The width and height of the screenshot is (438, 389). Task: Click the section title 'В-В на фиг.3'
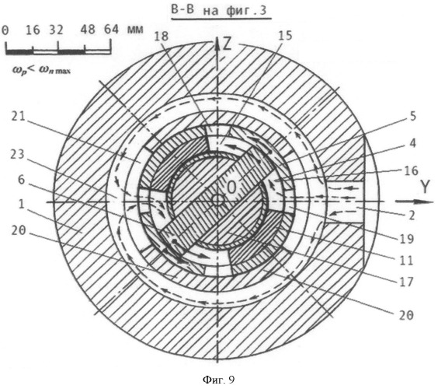click(219, 10)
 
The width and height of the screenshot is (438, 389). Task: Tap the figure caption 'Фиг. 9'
click(219, 379)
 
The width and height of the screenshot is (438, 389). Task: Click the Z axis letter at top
click(227, 44)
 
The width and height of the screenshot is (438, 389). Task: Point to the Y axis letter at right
click(425, 187)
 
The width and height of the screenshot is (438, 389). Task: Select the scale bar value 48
click(88, 30)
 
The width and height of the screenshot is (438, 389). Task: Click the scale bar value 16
click(33, 30)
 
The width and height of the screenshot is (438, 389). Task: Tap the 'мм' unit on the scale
click(135, 30)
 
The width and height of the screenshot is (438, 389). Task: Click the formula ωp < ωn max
click(41, 69)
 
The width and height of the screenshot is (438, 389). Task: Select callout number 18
click(162, 37)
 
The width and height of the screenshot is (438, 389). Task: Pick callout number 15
click(285, 36)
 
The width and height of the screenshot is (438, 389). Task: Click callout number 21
click(19, 117)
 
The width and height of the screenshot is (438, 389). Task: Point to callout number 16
click(411, 170)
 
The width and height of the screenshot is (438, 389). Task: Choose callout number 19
click(406, 239)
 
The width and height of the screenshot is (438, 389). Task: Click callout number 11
click(406, 261)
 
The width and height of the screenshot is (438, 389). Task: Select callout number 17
click(406, 282)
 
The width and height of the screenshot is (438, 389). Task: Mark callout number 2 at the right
click(412, 216)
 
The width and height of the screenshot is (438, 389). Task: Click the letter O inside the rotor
click(231, 187)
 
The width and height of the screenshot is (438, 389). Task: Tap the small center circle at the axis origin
click(217, 201)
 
